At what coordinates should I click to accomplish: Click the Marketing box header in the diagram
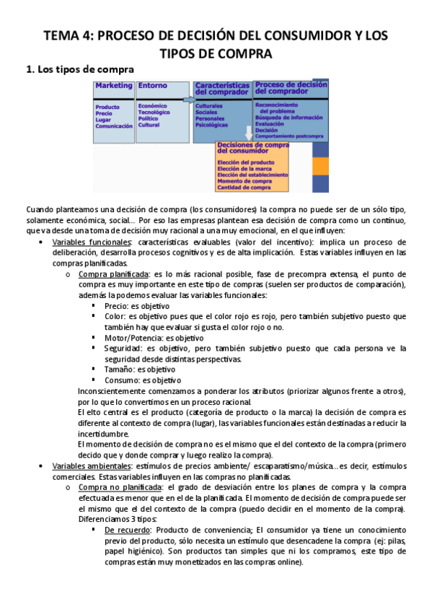[x=114, y=85]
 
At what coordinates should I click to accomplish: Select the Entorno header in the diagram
[x=151, y=85]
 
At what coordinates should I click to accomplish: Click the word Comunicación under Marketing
[x=114, y=126]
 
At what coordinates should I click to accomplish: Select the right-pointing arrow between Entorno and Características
[x=188, y=99]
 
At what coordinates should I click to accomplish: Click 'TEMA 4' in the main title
[x=68, y=35]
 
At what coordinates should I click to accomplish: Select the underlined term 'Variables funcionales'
[x=91, y=242]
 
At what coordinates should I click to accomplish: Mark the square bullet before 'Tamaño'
[x=94, y=370]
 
